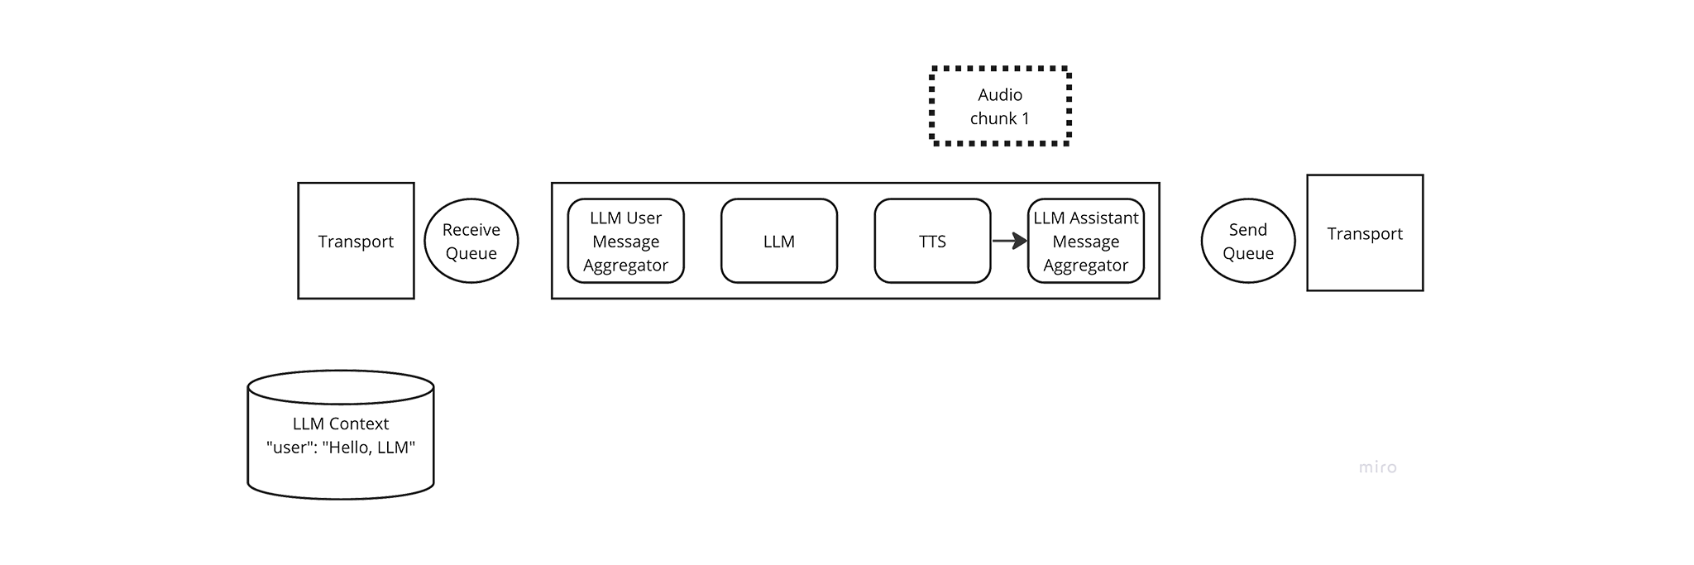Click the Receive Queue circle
471,241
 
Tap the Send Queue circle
1248,241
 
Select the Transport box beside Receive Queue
356,241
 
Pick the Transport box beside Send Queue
1365,232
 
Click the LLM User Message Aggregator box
626,241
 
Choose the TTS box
932,241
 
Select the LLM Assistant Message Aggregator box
1086,241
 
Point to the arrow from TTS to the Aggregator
1010,241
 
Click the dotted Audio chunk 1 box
1001,106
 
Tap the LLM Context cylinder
341,435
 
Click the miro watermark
1377,467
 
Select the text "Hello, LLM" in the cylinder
369,448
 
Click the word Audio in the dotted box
1000,94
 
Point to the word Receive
471,229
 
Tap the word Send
1248,229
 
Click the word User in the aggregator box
644,218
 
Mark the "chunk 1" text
1000,118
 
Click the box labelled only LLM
779,241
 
